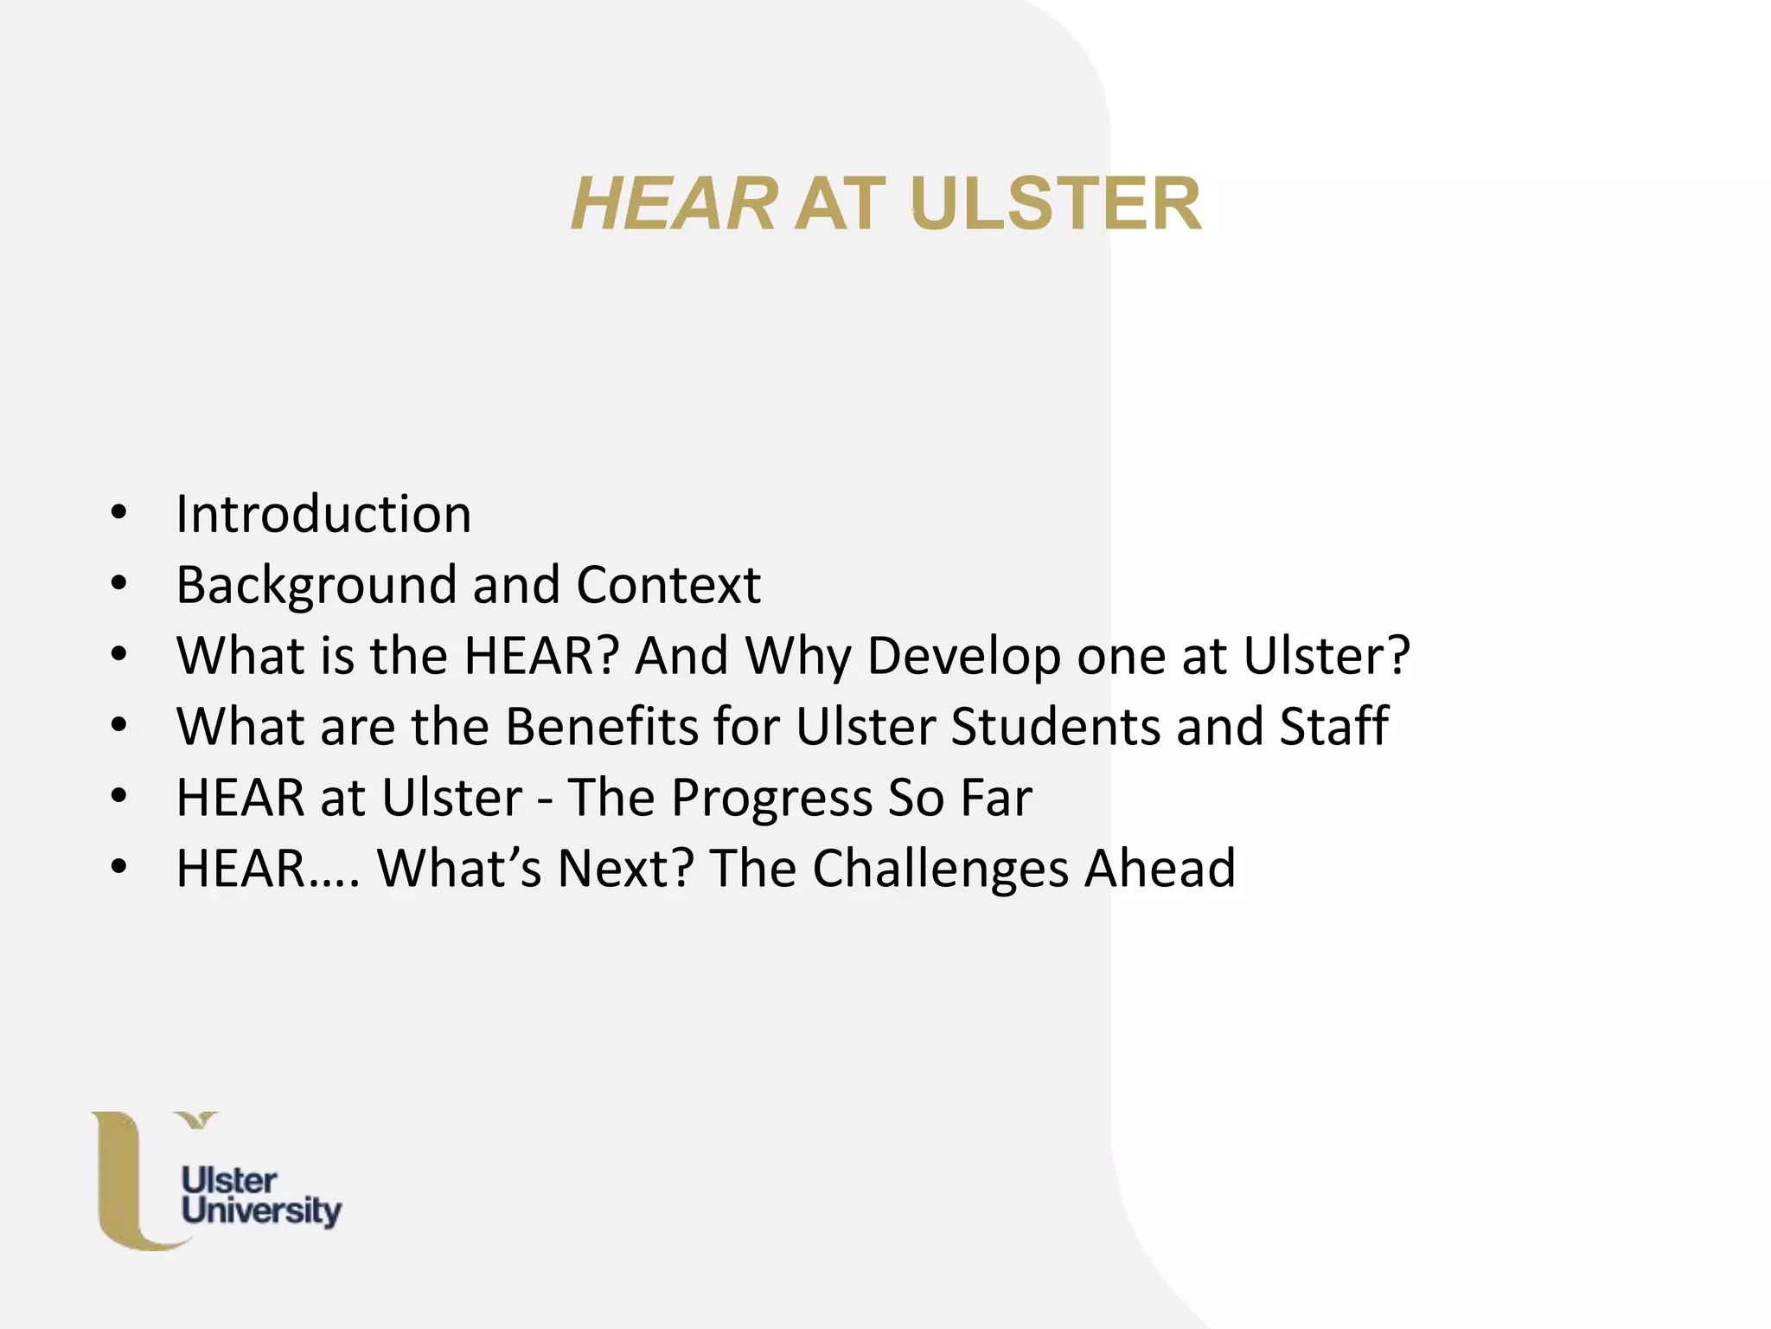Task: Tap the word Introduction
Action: point(323,514)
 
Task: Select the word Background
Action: point(316,586)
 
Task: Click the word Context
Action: point(668,585)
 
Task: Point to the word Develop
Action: point(963,657)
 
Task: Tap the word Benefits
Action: point(601,726)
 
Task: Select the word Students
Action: point(1055,726)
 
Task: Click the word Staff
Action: point(1333,726)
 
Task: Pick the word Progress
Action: point(771,798)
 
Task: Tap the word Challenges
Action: point(940,869)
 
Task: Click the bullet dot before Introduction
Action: point(119,513)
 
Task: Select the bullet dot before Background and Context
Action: point(119,584)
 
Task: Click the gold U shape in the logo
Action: point(121,1185)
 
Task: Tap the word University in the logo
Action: point(261,1211)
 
